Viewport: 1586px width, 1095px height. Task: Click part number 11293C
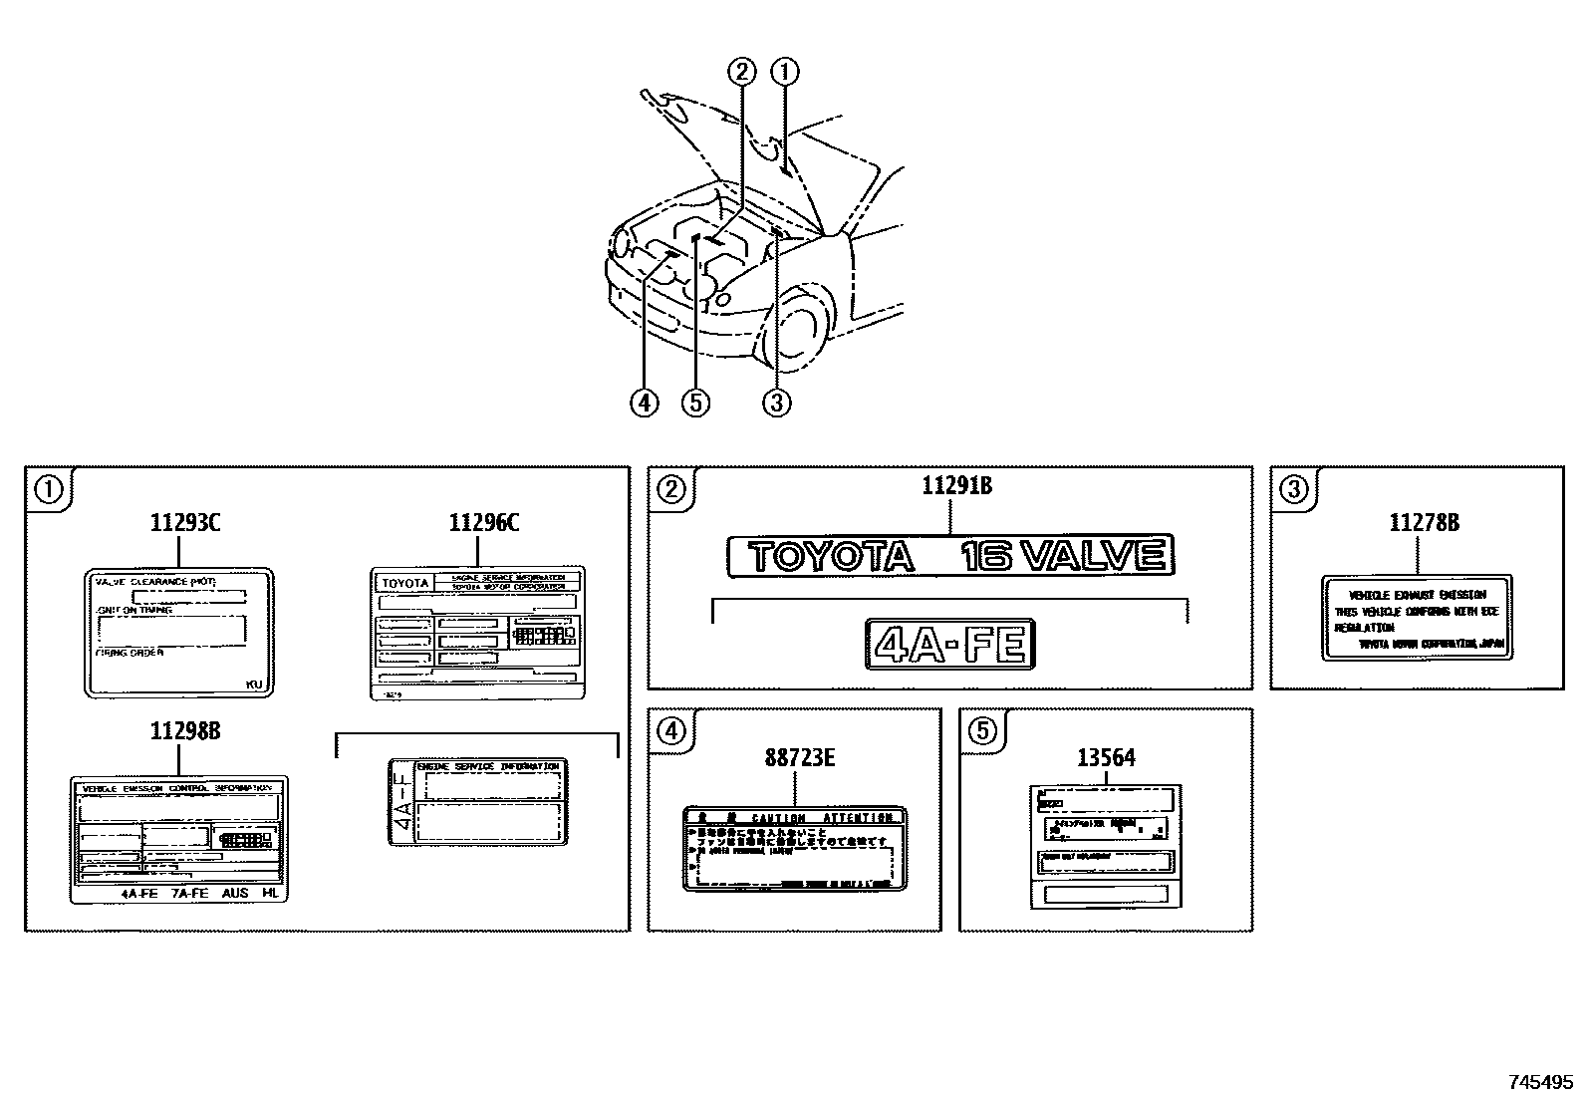click(x=185, y=522)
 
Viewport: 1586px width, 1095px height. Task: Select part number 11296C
click(x=484, y=522)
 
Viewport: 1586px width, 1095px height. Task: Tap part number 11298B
click(x=185, y=731)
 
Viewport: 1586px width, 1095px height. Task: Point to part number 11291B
click(x=956, y=486)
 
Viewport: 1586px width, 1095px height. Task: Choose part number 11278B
click(x=1425, y=522)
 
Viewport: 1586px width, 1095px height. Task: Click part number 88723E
click(x=800, y=758)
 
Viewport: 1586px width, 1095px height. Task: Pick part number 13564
click(x=1106, y=758)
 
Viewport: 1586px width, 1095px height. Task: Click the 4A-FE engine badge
click(x=950, y=644)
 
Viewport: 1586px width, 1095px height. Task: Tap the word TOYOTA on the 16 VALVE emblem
click(x=831, y=556)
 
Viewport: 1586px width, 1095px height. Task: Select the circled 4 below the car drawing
click(x=645, y=402)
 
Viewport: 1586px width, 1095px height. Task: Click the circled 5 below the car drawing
click(x=695, y=402)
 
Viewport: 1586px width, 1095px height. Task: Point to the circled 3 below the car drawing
click(x=776, y=402)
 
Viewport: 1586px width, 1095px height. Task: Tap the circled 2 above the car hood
click(x=742, y=72)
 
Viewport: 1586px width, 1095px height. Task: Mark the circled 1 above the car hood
click(x=786, y=72)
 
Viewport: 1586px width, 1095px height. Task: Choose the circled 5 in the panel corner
click(x=981, y=731)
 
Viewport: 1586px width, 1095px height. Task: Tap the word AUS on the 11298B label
click(x=236, y=893)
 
